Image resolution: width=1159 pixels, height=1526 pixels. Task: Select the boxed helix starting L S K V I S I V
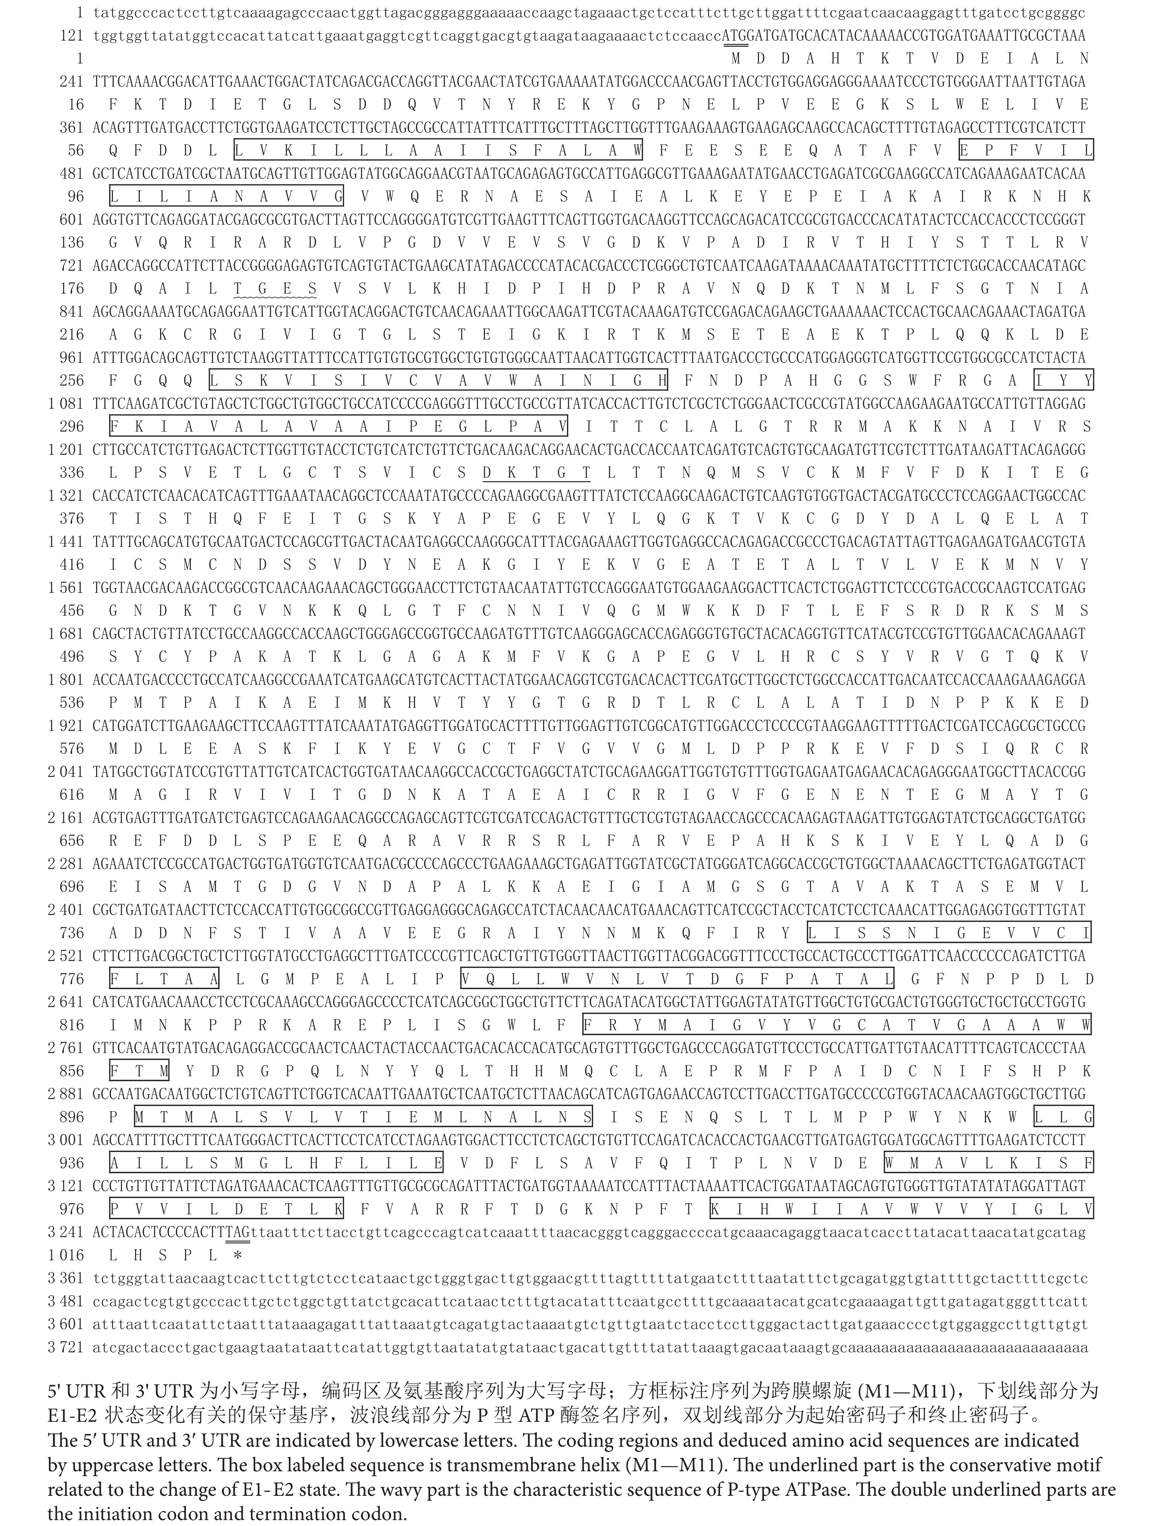439,380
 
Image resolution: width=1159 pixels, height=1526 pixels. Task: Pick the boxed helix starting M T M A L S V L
363,1117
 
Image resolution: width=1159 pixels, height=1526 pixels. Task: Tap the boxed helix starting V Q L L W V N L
677,979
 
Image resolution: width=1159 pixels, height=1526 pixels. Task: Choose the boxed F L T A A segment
164,979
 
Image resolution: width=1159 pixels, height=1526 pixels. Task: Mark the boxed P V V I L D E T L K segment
226,1209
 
